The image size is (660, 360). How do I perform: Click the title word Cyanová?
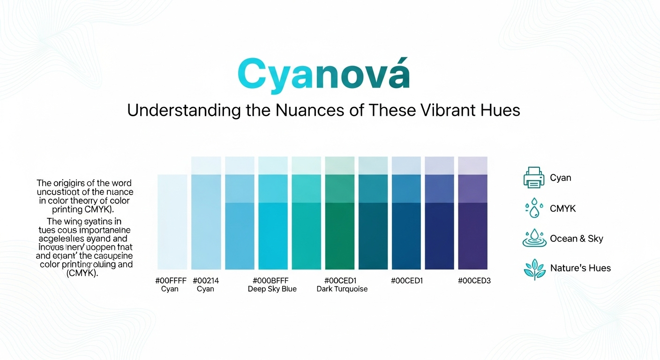(323, 74)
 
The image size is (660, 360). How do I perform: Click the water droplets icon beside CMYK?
(533, 209)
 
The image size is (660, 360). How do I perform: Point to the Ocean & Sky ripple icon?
(534, 238)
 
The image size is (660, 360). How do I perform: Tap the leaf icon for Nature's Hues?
(534, 269)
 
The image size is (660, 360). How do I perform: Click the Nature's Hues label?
(580, 268)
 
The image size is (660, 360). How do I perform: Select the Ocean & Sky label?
(576, 239)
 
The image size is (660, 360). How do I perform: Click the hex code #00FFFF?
(171, 281)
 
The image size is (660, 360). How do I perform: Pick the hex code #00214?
(205, 281)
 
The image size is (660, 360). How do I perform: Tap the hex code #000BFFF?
(272, 281)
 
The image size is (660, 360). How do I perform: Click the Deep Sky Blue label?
(272, 289)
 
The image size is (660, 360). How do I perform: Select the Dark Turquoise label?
(342, 289)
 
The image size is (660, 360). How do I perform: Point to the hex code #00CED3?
(474, 281)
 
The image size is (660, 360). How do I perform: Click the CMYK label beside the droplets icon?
(562, 209)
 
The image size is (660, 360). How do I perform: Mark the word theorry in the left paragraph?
(91, 201)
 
